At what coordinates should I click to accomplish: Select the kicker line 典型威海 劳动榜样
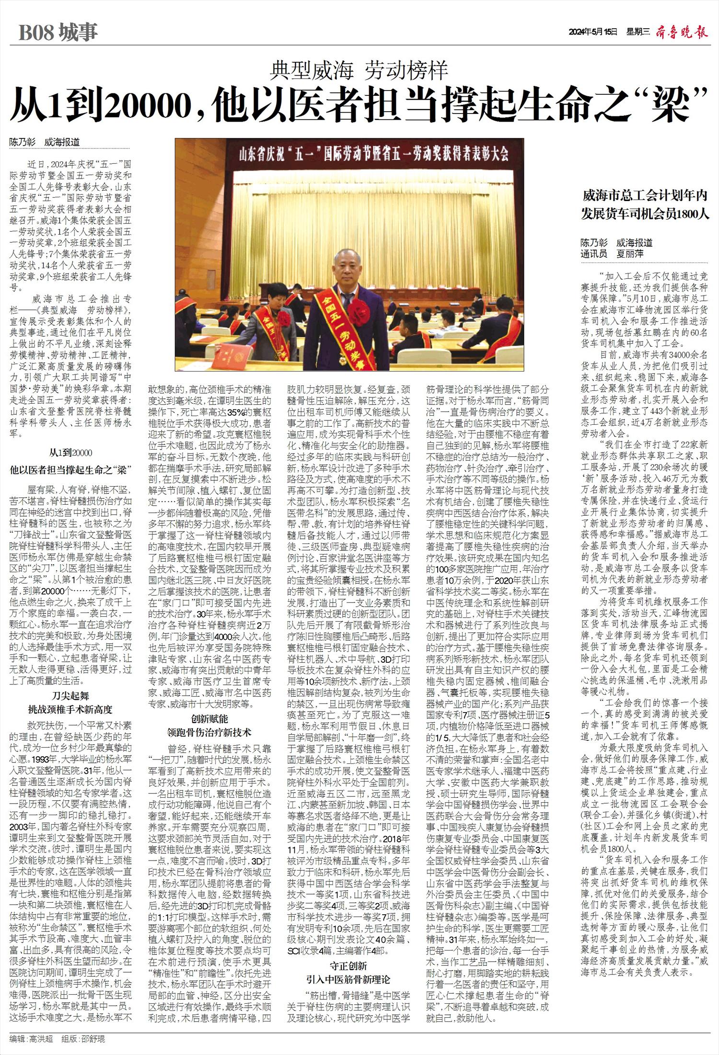[359, 71]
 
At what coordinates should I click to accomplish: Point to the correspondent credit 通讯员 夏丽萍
[612, 254]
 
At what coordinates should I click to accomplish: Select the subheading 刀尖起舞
[70, 696]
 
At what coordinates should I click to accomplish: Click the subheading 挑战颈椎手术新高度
[70, 709]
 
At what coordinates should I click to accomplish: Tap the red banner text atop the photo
[373, 155]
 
